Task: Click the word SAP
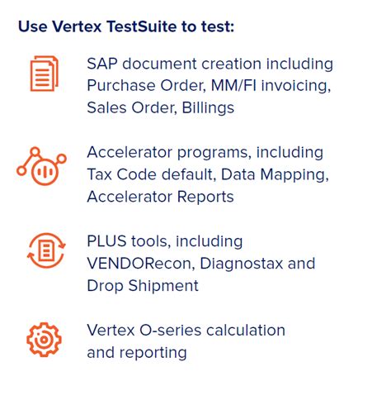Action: point(101,64)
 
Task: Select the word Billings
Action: point(206,107)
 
